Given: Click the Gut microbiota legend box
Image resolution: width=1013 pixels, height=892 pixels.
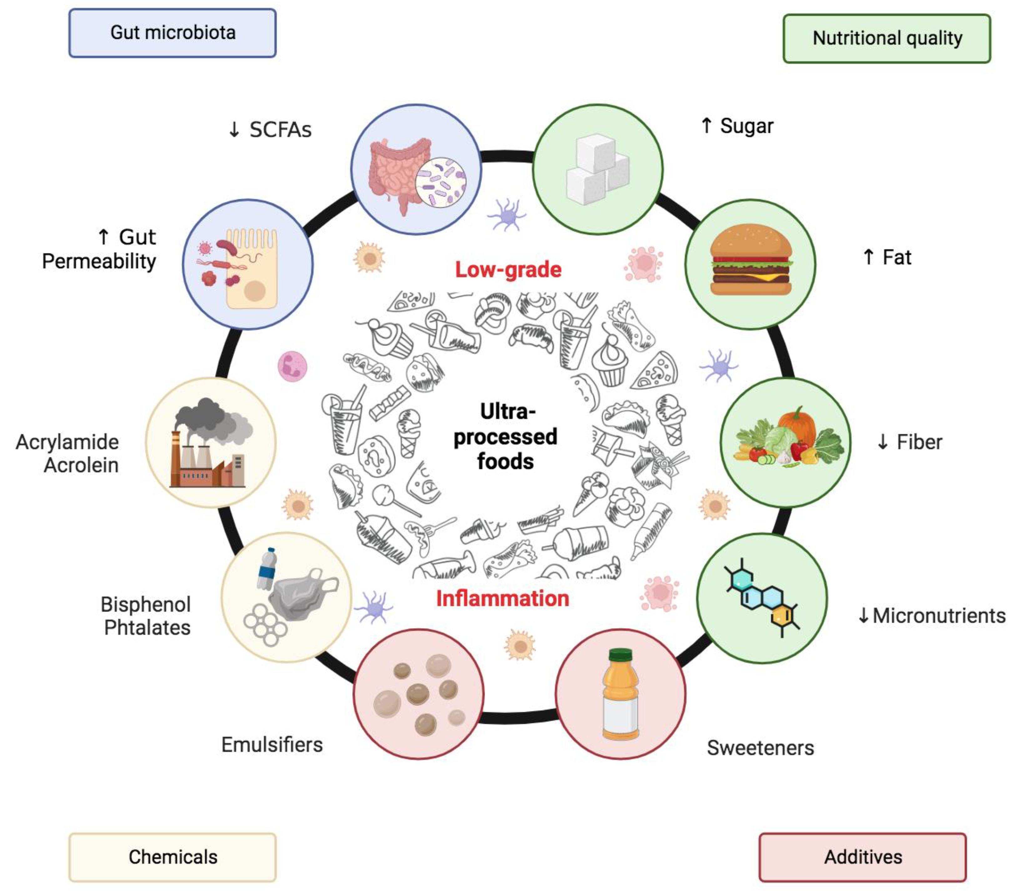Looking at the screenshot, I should pos(172,33).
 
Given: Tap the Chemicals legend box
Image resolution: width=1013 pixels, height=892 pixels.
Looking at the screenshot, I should pos(172,857).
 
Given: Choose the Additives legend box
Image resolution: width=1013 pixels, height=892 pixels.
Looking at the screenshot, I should pos(862,857).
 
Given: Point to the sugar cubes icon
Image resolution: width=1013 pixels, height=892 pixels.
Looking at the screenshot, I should pos(597,169).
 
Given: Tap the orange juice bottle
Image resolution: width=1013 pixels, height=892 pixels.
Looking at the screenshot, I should pos(620,694).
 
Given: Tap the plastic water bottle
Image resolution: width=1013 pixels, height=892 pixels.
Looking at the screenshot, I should pos(267,570).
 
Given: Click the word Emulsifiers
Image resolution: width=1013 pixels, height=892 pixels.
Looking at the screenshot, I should pos(271,745).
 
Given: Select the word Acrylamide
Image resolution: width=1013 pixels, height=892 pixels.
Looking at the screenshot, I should pos(68,442).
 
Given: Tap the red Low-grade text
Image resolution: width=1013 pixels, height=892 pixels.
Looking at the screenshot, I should pos(508,270).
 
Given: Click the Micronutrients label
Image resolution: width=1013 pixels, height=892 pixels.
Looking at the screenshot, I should pos(938,616).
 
